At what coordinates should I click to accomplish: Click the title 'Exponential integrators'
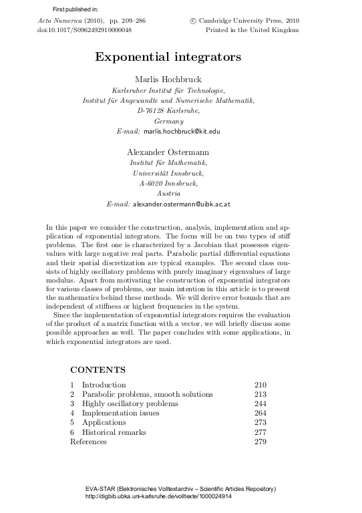tap(168, 57)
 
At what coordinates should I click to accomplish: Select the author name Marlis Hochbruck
tap(168, 79)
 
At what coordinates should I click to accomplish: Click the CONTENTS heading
tap(98, 369)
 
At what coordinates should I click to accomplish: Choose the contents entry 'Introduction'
tap(104, 385)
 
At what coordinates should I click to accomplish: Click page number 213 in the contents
tap(260, 394)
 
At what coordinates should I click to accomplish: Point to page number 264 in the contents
tap(260, 413)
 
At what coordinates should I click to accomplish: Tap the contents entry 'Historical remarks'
tap(114, 432)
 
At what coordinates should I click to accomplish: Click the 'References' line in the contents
tap(88, 442)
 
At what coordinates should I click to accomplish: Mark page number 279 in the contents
tap(260, 442)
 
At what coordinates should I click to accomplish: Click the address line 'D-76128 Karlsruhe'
tap(168, 110)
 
